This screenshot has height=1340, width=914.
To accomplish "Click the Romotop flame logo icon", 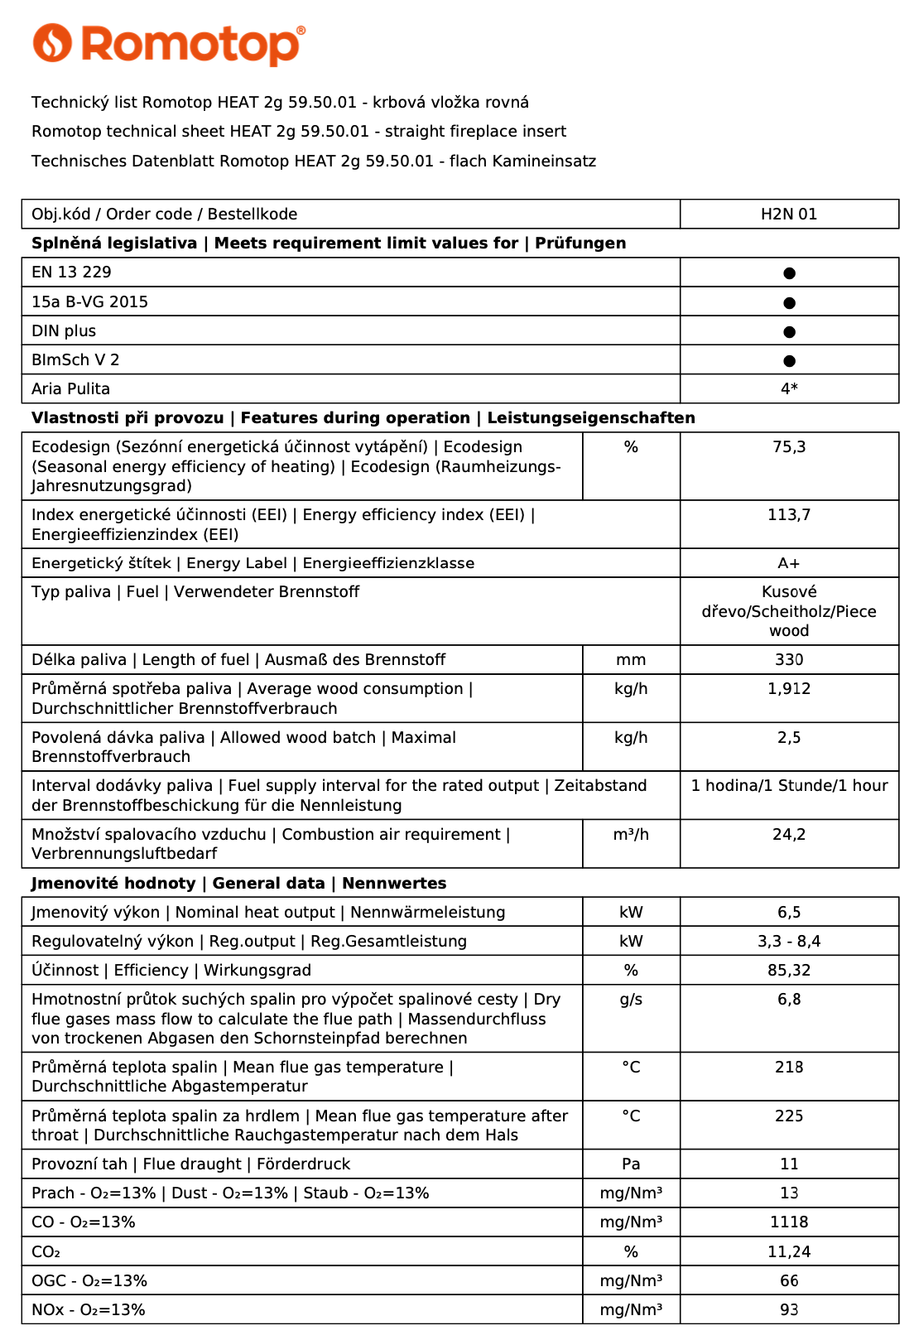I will pos(52,42).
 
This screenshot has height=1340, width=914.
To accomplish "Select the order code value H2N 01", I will pos(789,214).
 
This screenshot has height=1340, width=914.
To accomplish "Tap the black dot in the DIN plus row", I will pos(789,332).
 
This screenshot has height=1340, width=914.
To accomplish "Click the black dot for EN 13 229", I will pos(789,273).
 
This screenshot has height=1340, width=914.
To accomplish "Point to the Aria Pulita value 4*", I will pos(789,388).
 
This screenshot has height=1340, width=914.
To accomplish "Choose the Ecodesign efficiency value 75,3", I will pos(789,447).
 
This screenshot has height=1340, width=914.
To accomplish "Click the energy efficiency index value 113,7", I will pos(789,515).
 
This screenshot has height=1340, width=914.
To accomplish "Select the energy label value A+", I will pos(789,563).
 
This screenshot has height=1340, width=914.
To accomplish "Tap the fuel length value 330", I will pos(789,660).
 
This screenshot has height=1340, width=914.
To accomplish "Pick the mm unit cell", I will pos(631,660).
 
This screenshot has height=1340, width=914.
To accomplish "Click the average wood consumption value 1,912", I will pos(789,689).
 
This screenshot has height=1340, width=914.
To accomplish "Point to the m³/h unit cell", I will pos(631,835).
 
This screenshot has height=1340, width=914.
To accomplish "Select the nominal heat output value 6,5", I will pos(789,913).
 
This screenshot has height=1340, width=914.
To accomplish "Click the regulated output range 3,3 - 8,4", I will pos(789,942).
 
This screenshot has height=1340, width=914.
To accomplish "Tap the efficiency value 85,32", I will pos(789,971).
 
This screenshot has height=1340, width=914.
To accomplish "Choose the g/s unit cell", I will pos(631,1000).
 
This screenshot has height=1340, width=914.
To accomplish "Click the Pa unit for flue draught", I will pos(631,1164).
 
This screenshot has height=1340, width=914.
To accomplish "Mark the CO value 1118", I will pos(789,1222).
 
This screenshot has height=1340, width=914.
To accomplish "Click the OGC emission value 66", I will pos(789,1281).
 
